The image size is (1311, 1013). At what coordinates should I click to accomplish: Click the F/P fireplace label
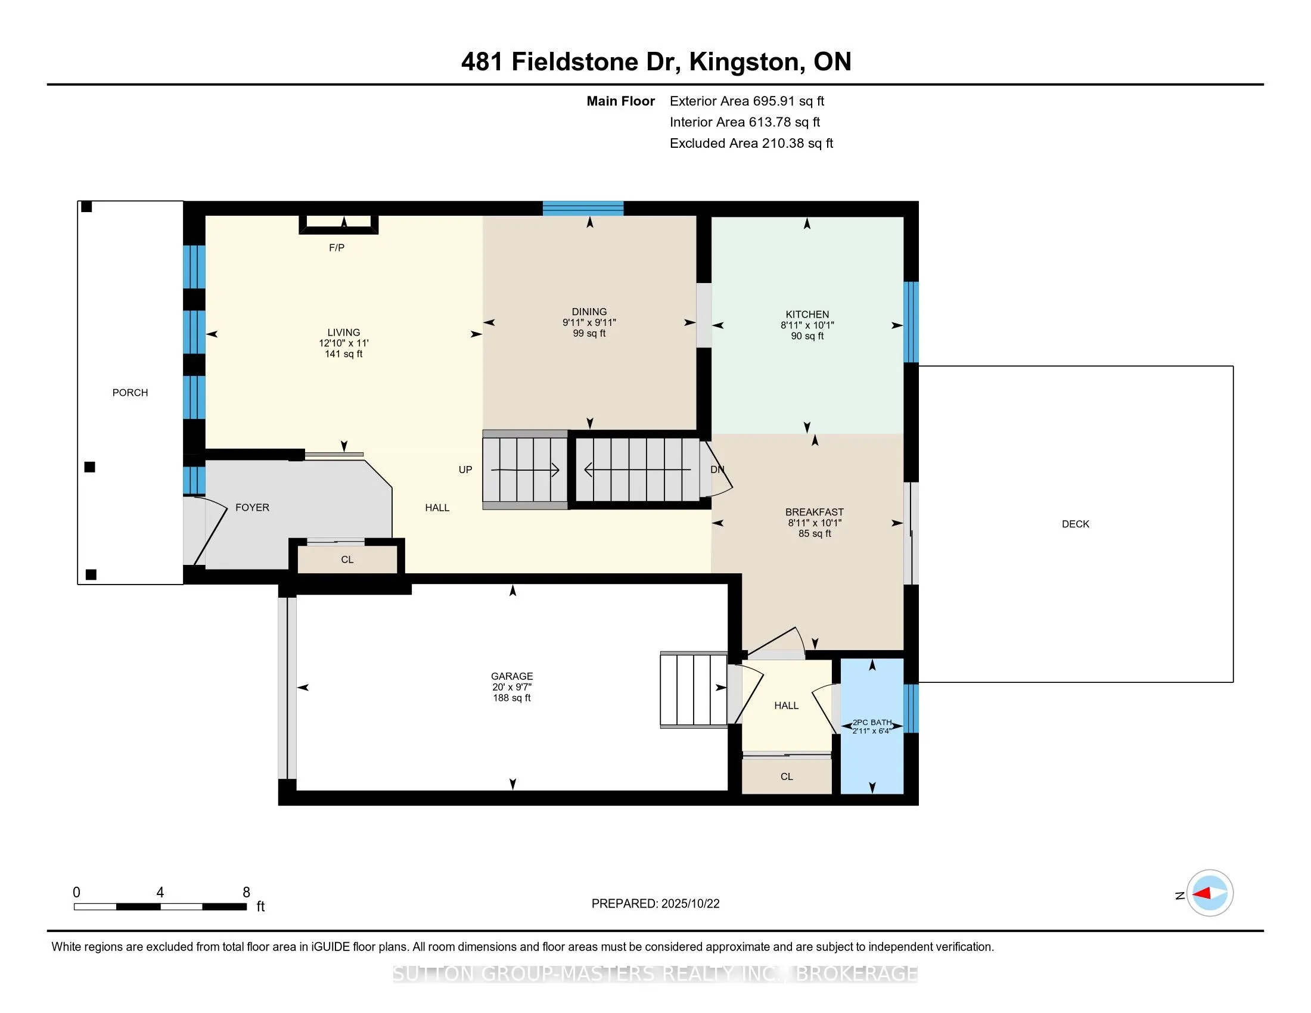336,247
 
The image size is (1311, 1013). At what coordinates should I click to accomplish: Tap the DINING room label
589,312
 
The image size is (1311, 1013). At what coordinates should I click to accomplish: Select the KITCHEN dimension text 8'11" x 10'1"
807,325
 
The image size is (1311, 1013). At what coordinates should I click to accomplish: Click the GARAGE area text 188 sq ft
511,698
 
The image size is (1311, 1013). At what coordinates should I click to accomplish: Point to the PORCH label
130,393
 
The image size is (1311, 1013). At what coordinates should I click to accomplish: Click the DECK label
1075,524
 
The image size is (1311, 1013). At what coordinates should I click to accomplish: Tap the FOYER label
252,507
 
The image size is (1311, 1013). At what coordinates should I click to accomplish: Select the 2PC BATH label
872,723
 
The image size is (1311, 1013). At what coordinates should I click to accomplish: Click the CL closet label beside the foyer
347,560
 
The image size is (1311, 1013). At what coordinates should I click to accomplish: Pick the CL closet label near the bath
787,776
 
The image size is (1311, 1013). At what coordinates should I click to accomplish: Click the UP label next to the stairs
465,470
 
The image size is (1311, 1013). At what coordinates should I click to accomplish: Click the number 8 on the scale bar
246,893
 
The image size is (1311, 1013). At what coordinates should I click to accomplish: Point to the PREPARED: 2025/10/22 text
655,904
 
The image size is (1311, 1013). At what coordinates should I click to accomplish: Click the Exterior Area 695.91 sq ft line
747,101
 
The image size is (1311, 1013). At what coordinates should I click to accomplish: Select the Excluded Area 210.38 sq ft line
751,143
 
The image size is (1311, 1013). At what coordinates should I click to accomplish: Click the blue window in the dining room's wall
583,208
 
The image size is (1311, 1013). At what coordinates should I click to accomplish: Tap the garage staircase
693,690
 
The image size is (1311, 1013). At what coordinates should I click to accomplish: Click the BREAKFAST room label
814,512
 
